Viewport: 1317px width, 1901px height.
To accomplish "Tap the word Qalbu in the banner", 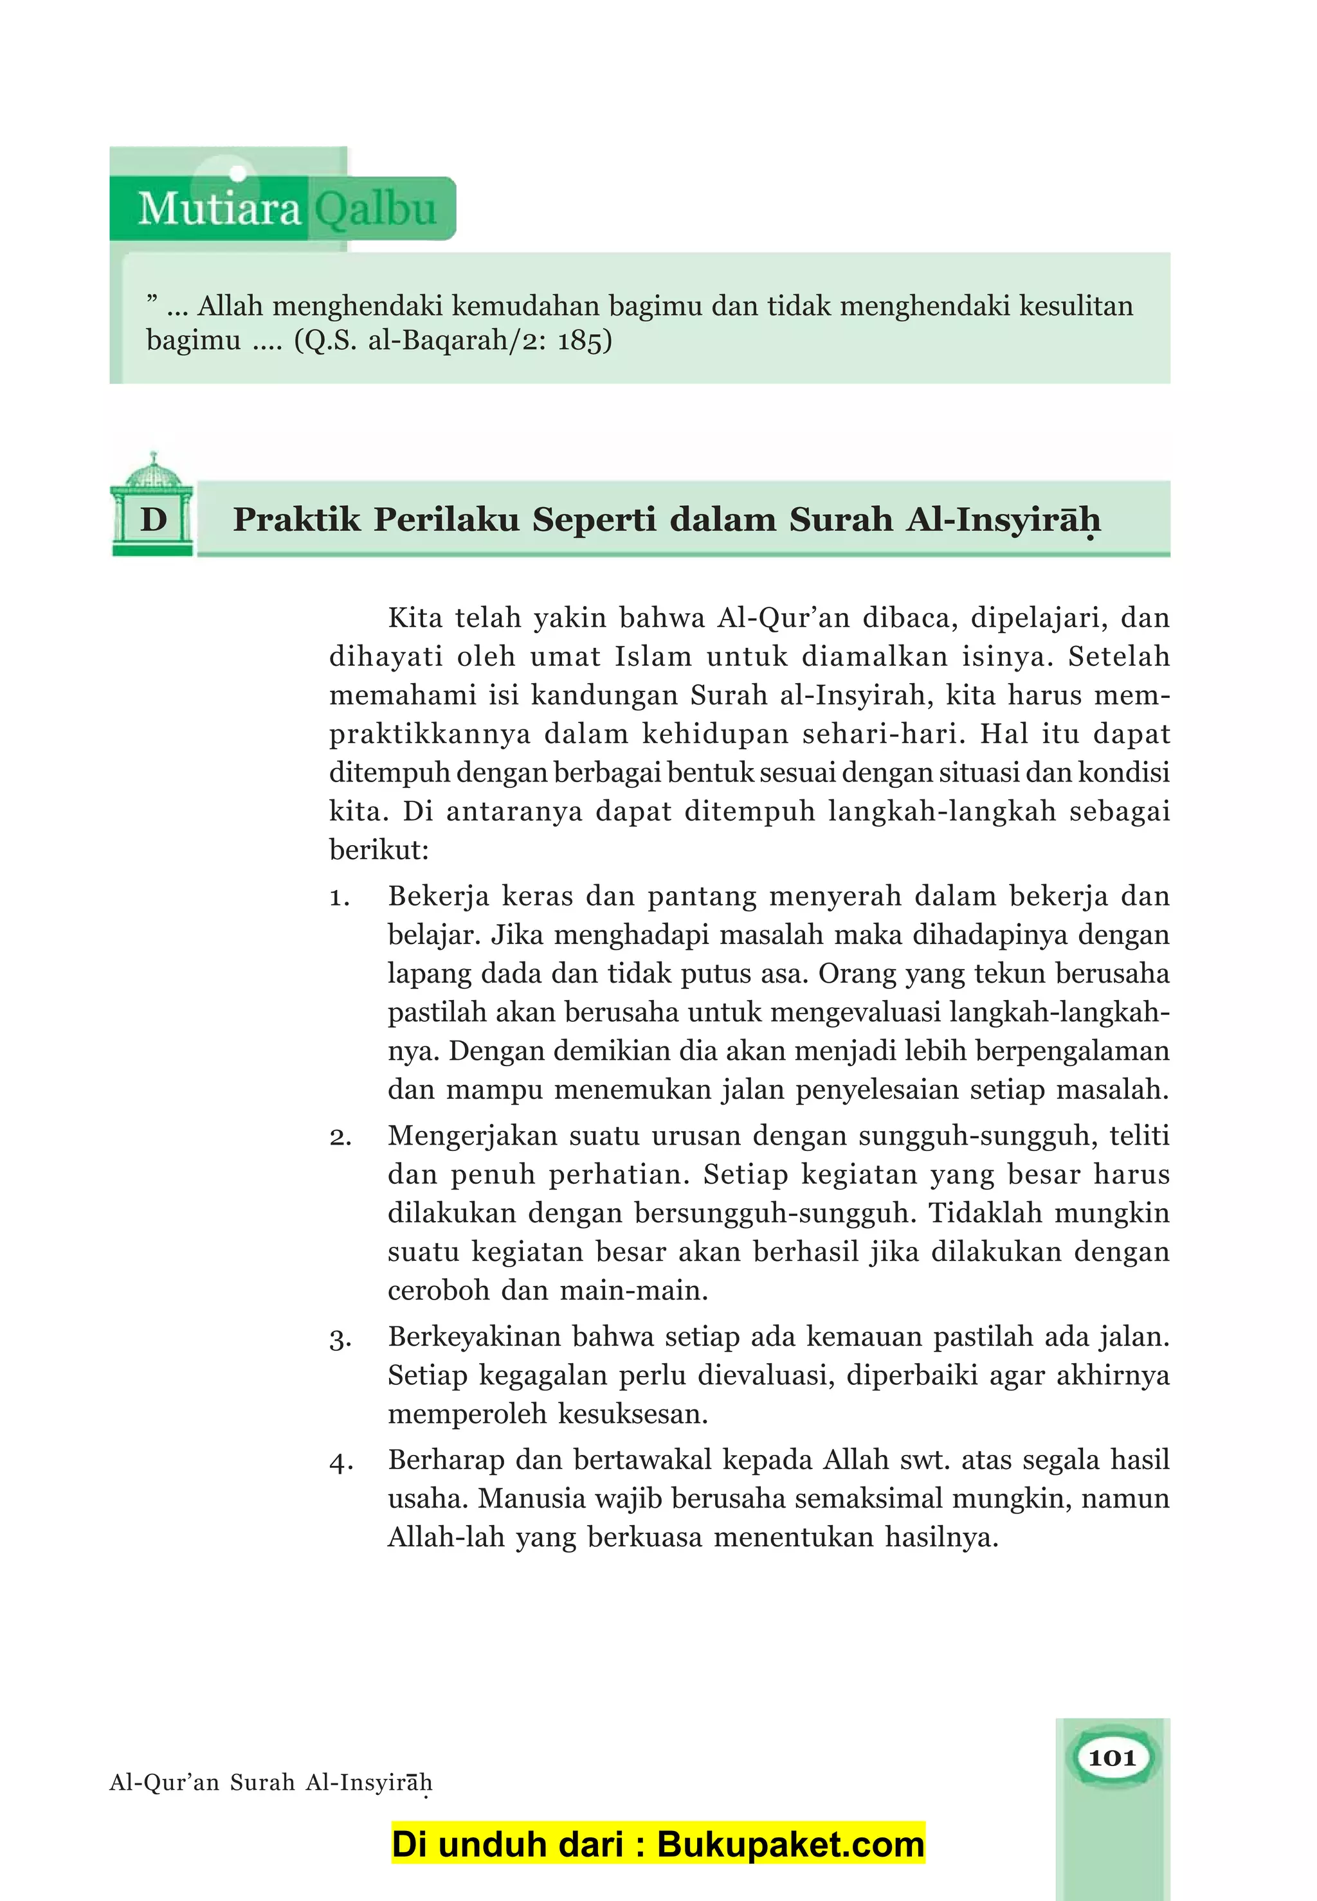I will tap(376, 209).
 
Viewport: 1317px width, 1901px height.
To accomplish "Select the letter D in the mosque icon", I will tap(154, 519).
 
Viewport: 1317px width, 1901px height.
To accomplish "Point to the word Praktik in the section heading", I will tap(297, 519).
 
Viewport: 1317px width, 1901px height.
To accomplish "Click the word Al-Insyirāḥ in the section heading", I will tap(1003, 519).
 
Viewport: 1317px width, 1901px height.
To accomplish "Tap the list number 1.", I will tap(339, 897).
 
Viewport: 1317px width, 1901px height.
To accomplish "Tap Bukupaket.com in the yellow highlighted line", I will tap(790, 1844).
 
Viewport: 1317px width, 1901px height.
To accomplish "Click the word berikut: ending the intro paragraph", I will tap(379, 850).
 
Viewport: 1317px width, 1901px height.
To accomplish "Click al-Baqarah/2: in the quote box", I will tap(458, 341).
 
